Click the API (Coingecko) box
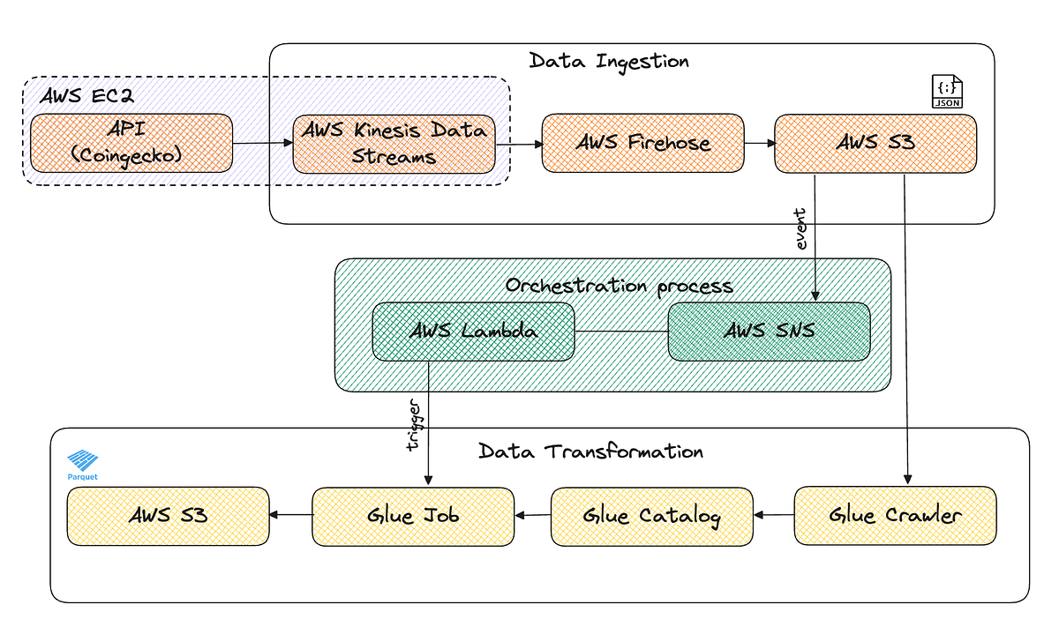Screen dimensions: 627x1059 (131, 143)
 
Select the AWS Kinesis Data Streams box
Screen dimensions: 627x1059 (394, 143)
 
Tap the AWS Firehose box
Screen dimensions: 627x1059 (642, 142)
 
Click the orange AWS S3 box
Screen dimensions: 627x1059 (875, 143)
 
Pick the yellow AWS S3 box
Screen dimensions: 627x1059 (169, 516)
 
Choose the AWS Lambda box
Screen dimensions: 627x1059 (473, 332)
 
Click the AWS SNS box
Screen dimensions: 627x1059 (769, 332)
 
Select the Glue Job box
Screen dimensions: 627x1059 (413, 516)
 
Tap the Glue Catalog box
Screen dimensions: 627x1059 (651, 516)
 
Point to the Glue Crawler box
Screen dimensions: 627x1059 (895, 515)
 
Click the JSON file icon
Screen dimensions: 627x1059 (948, 92)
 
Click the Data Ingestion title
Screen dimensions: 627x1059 (609, 61)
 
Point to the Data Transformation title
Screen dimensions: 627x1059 (590, 452)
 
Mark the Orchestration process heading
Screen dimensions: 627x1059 (619, 286)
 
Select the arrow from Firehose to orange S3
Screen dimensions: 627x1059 (759, 142)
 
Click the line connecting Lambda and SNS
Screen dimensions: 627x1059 (621, 332)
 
